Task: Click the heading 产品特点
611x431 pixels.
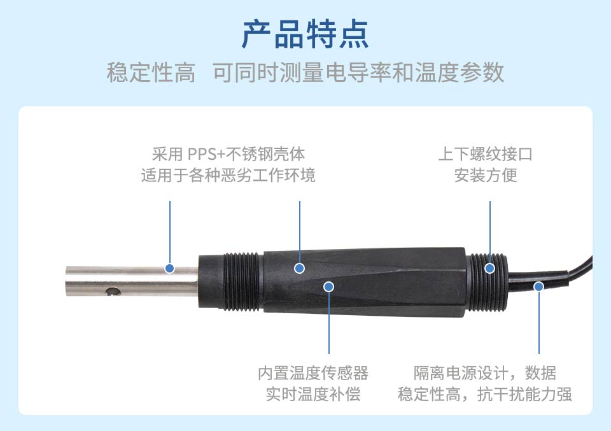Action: tap(305, 34)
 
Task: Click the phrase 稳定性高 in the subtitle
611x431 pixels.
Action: tap(151, 73)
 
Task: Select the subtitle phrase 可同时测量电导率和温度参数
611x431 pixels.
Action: tap(358, 73)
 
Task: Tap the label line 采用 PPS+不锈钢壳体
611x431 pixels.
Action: tap(228, 154)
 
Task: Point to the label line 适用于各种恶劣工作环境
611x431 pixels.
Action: tap(228, 175)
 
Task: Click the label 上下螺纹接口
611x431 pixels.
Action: tap(486, 154)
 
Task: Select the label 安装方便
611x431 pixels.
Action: tap(486, 175)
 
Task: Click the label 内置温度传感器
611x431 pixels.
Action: tap(313, 373)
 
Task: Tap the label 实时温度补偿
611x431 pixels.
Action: tap(313, 394)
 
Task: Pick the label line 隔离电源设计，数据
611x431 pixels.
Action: tap(485, 373)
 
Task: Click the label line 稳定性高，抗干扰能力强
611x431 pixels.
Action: tap(485, 394)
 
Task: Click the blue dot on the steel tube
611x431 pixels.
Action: tap(169, 268)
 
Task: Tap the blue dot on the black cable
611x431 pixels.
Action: tap(539, 287)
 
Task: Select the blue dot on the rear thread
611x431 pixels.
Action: tap(490, 268)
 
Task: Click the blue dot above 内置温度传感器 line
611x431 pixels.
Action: tap(329, 287)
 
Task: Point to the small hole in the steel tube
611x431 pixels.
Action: tap(113, 291)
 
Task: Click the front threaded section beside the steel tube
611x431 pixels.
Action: tap(242, 282)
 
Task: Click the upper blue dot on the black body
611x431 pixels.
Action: tap(299, 268)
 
